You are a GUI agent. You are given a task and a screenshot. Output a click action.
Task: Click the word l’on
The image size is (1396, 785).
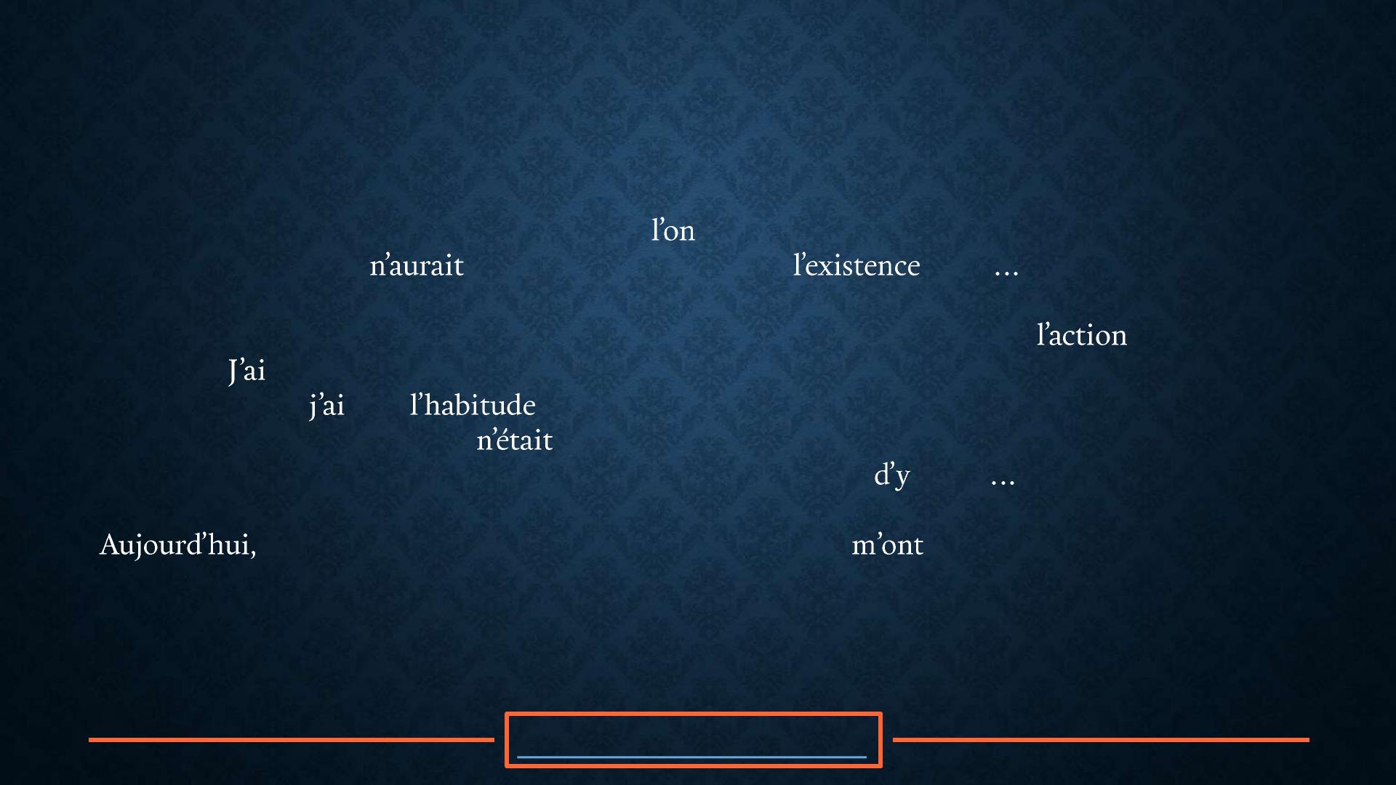point(673,230)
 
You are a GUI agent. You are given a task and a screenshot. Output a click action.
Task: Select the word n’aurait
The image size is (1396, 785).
point(417,265)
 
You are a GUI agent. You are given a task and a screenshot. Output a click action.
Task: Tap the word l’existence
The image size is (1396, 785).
point(857,265)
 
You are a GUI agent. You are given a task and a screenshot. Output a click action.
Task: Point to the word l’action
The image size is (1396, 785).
point(1082,335)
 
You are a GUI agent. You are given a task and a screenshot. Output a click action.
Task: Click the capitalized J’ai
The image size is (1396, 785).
point(246,371)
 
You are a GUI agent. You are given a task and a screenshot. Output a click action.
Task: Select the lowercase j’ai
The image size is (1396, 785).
point(326,406)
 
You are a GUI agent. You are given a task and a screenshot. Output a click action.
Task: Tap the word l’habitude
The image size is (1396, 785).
point(473,405)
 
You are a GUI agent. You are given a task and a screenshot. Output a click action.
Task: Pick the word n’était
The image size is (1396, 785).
point(515,440)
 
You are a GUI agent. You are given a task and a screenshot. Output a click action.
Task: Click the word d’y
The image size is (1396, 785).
point(892,475)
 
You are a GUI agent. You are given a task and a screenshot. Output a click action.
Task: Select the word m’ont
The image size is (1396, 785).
point(887,545)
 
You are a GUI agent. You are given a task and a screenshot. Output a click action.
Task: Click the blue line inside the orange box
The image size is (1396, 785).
point(691,757)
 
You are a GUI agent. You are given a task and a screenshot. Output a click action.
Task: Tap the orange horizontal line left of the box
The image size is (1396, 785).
point(292,740)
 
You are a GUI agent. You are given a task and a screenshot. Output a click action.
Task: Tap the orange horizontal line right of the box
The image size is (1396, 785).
point(1101,740)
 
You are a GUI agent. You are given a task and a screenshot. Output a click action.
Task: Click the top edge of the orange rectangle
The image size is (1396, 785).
point(694,714)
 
